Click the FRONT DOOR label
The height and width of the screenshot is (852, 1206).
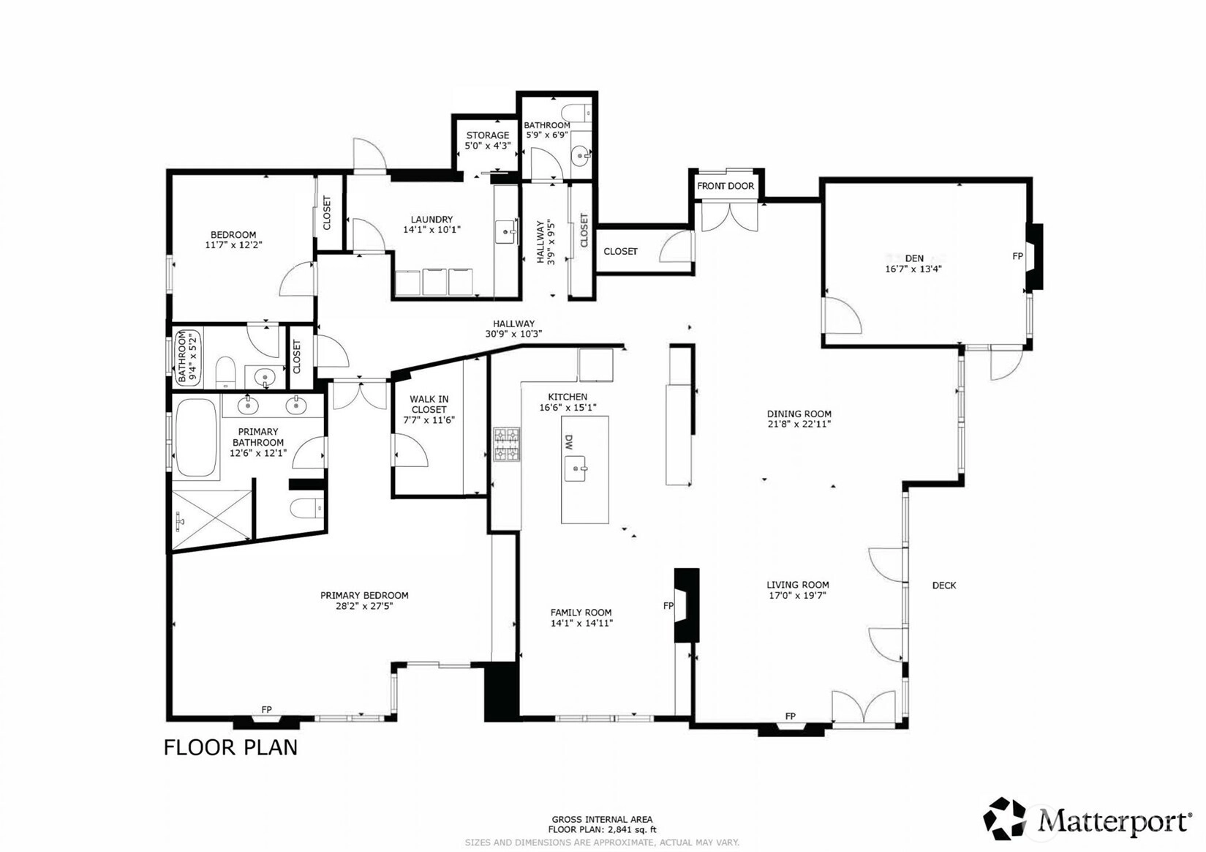[726, 186]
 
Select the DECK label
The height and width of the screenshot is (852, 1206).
[943, 586]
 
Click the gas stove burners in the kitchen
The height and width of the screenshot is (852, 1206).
[507, 444]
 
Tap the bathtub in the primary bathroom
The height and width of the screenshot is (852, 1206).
[196, 437]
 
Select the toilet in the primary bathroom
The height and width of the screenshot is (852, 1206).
[306, 508]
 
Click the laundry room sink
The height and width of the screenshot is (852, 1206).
[506, 232]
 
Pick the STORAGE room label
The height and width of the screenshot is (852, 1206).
[487, 135]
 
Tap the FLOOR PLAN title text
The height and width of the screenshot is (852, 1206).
[230, 748]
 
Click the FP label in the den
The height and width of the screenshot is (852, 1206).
[1017, 256]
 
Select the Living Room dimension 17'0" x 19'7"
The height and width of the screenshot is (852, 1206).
[797, 596]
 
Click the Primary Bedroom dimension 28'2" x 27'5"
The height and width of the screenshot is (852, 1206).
[364, 606]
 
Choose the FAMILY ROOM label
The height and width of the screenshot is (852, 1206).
[581, 612]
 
